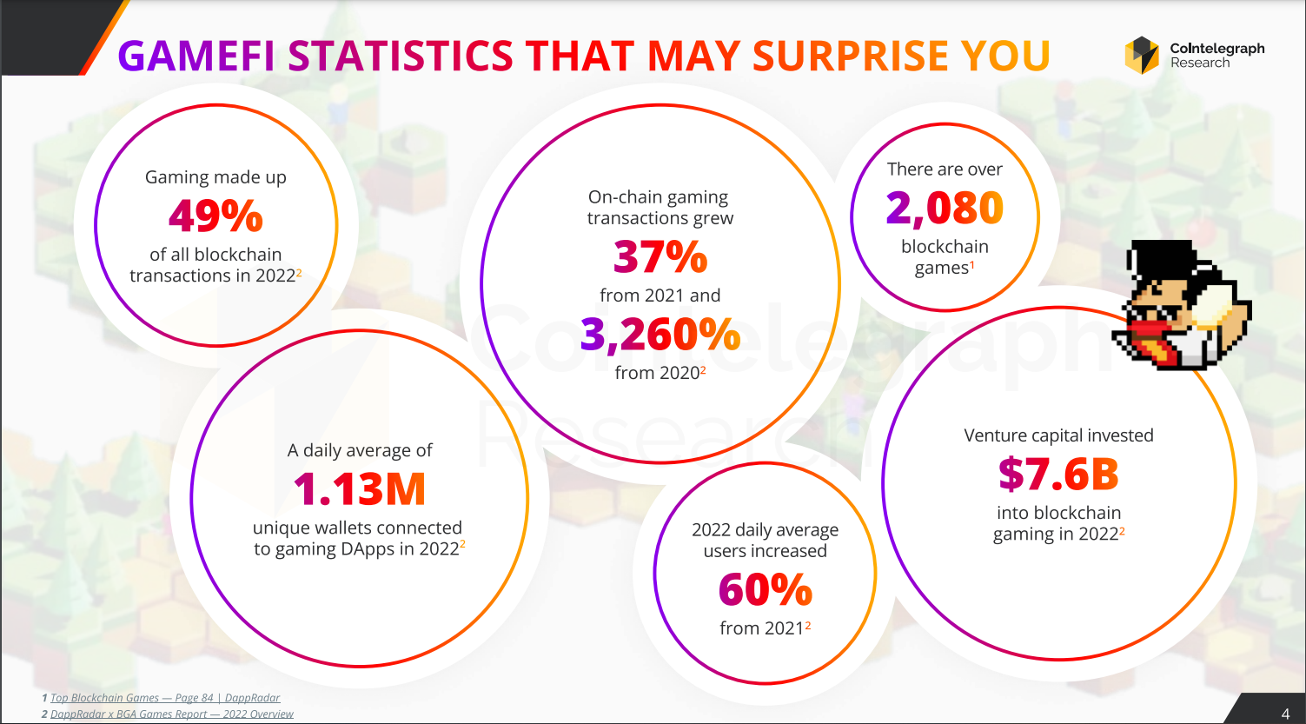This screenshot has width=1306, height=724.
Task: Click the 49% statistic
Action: pos(215,216)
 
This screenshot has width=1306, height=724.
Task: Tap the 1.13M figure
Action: pos(360,488)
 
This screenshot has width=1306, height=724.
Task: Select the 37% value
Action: pos(660,256)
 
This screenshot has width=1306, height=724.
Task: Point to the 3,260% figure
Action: pos(660,335)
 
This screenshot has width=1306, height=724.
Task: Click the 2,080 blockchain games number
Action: pos(945,208)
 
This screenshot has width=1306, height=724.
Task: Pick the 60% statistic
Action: pos(765,590)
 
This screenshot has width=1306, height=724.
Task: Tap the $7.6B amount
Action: pos(1058,474)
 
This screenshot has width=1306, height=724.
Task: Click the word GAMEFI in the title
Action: pos(196,56)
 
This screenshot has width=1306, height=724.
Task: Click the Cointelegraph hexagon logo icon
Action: pos(1142,56)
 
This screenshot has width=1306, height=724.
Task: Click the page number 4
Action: pos(1285,714)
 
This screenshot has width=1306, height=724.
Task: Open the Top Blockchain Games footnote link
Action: pos(165,698)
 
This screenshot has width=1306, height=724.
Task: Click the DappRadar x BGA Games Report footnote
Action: pos(172,714)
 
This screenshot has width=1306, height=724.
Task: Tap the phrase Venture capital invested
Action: pos(1058,435)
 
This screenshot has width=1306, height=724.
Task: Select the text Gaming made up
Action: pos(215,177)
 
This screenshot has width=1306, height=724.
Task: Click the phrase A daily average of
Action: pos(360,450)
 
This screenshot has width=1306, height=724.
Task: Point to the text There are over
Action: pos(945,169)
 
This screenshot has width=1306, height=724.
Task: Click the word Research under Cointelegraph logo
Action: pos(1200,63)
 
